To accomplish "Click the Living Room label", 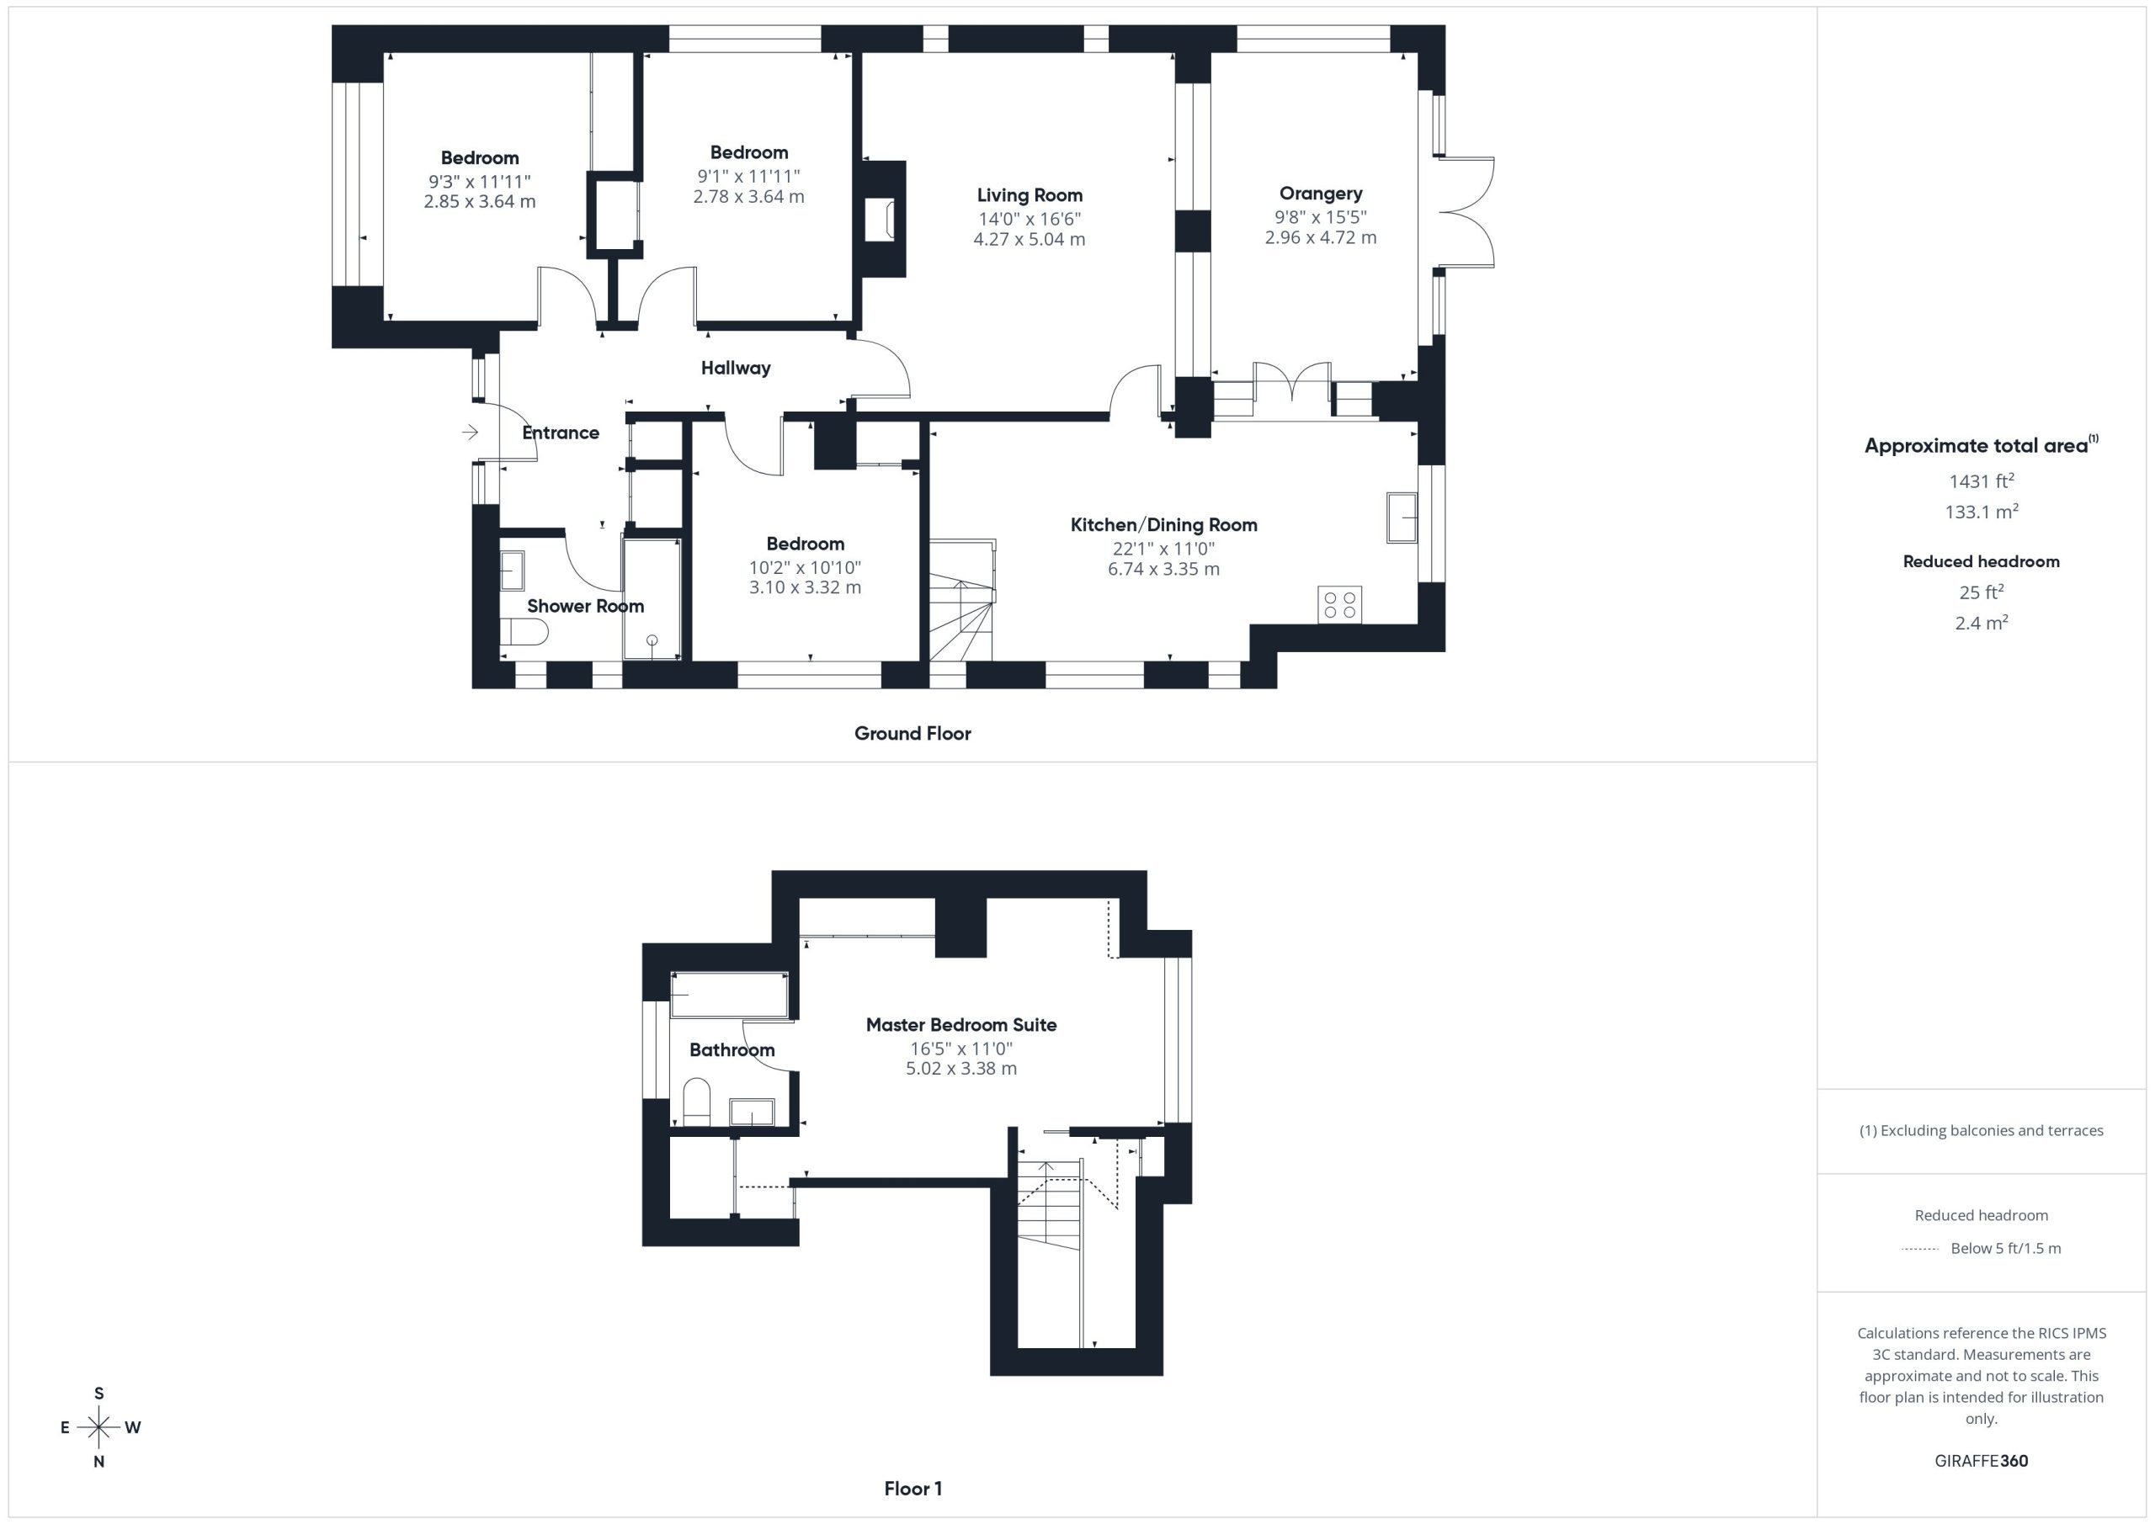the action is pyautogui.click(x=1030, y=195).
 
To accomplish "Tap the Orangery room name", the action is pyautogui.click(x=1321, y=194).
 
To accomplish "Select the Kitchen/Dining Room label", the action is pyautogui.click(x=1164, y=524).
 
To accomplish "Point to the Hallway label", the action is pyautogui.click(x=736, y=368).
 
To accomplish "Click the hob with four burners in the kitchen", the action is pyautogui.click(x=1339, y=604).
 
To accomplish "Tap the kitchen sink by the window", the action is pyautogui.click(x=1402, y=517).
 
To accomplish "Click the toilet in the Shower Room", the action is pyautogui.click(x=523, y=633).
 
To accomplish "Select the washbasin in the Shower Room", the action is pyautogui.click(x=512, y=571).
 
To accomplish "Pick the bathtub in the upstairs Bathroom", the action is pyautogui.click(x=729, y=995).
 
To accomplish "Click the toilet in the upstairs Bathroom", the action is pyautogui.click(x=696, y=1102).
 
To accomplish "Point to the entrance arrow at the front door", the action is pyautogui.click(x=471, y=432).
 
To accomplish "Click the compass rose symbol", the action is pyautogui.click(x=98, y=1427).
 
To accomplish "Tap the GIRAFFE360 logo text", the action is pyautogui.click(x=1982, y=1460).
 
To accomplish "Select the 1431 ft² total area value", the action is pyautogui.click(x=1982, y=481).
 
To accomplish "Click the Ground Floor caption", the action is pyautogui.click(x=913, y=734).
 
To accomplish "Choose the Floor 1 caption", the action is pyautogui.click(x=913, y=1489).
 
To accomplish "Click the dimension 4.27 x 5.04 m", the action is pyautogui.click(x=1030, y=239).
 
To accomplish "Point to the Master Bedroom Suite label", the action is pyautogui.click(x=961, y=1025).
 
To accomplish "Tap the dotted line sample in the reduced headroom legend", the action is pyautogui.click(x=1919, y=1249).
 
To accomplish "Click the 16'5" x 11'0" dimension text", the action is pyautogui.click(x=961, y=1049).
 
